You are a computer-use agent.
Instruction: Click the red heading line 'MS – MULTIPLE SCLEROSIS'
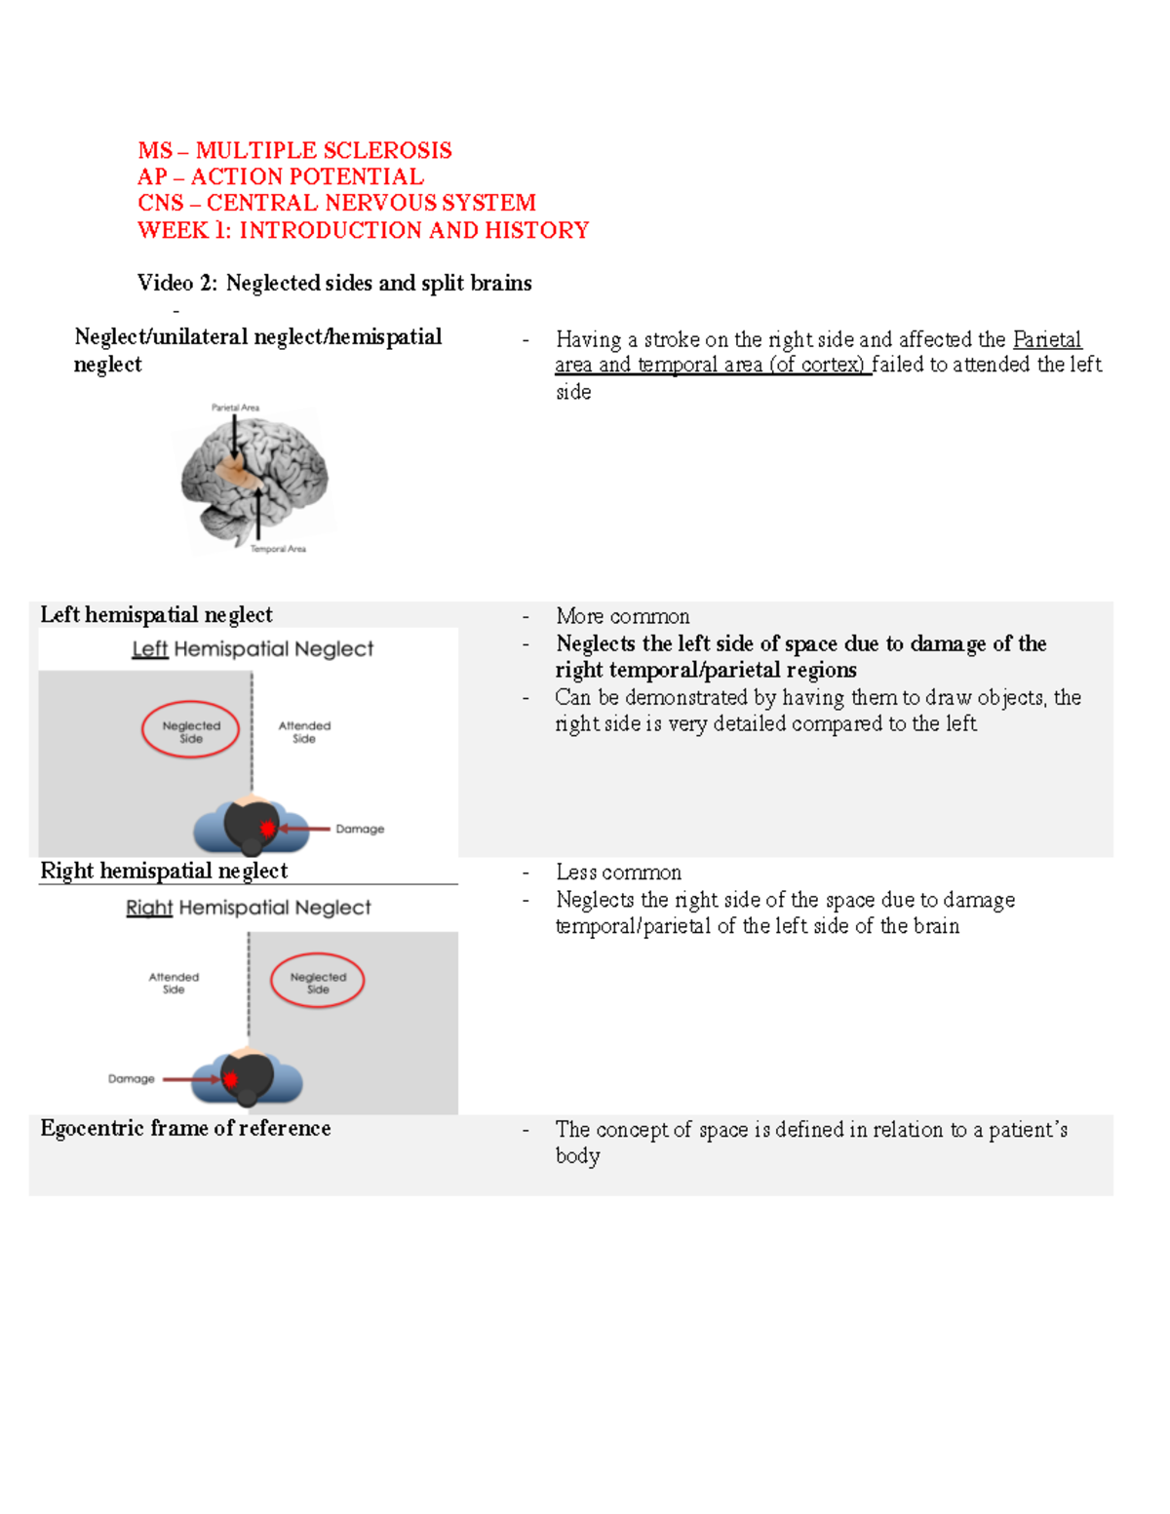pos(294,150)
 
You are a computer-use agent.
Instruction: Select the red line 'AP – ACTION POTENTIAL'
pos(281,176)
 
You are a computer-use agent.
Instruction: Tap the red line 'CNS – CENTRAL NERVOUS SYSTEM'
pos(336,203)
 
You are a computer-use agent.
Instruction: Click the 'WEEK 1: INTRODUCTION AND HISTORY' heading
pos(363,230)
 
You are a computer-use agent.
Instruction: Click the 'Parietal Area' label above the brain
pos(235,408)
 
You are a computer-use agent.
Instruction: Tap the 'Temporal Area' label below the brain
pos(278,549)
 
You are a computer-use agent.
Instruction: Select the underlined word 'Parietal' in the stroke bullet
pos(1047,339)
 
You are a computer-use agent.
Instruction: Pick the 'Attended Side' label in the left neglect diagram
pos(304,732)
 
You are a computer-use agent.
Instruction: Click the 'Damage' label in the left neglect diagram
pos(360,829)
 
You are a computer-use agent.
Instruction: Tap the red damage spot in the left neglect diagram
pos(267,829)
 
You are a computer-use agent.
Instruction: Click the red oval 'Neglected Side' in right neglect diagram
pos(318,982)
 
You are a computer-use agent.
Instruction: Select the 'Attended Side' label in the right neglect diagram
pos(174,983)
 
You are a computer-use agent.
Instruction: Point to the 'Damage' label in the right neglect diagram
pos(132,1079)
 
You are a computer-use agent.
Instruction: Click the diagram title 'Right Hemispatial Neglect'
pos(249,908)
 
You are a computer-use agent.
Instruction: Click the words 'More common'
pos(622,616)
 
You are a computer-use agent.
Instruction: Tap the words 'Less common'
pos(618,873)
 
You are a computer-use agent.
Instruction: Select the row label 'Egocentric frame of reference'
pos(185,1128)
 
